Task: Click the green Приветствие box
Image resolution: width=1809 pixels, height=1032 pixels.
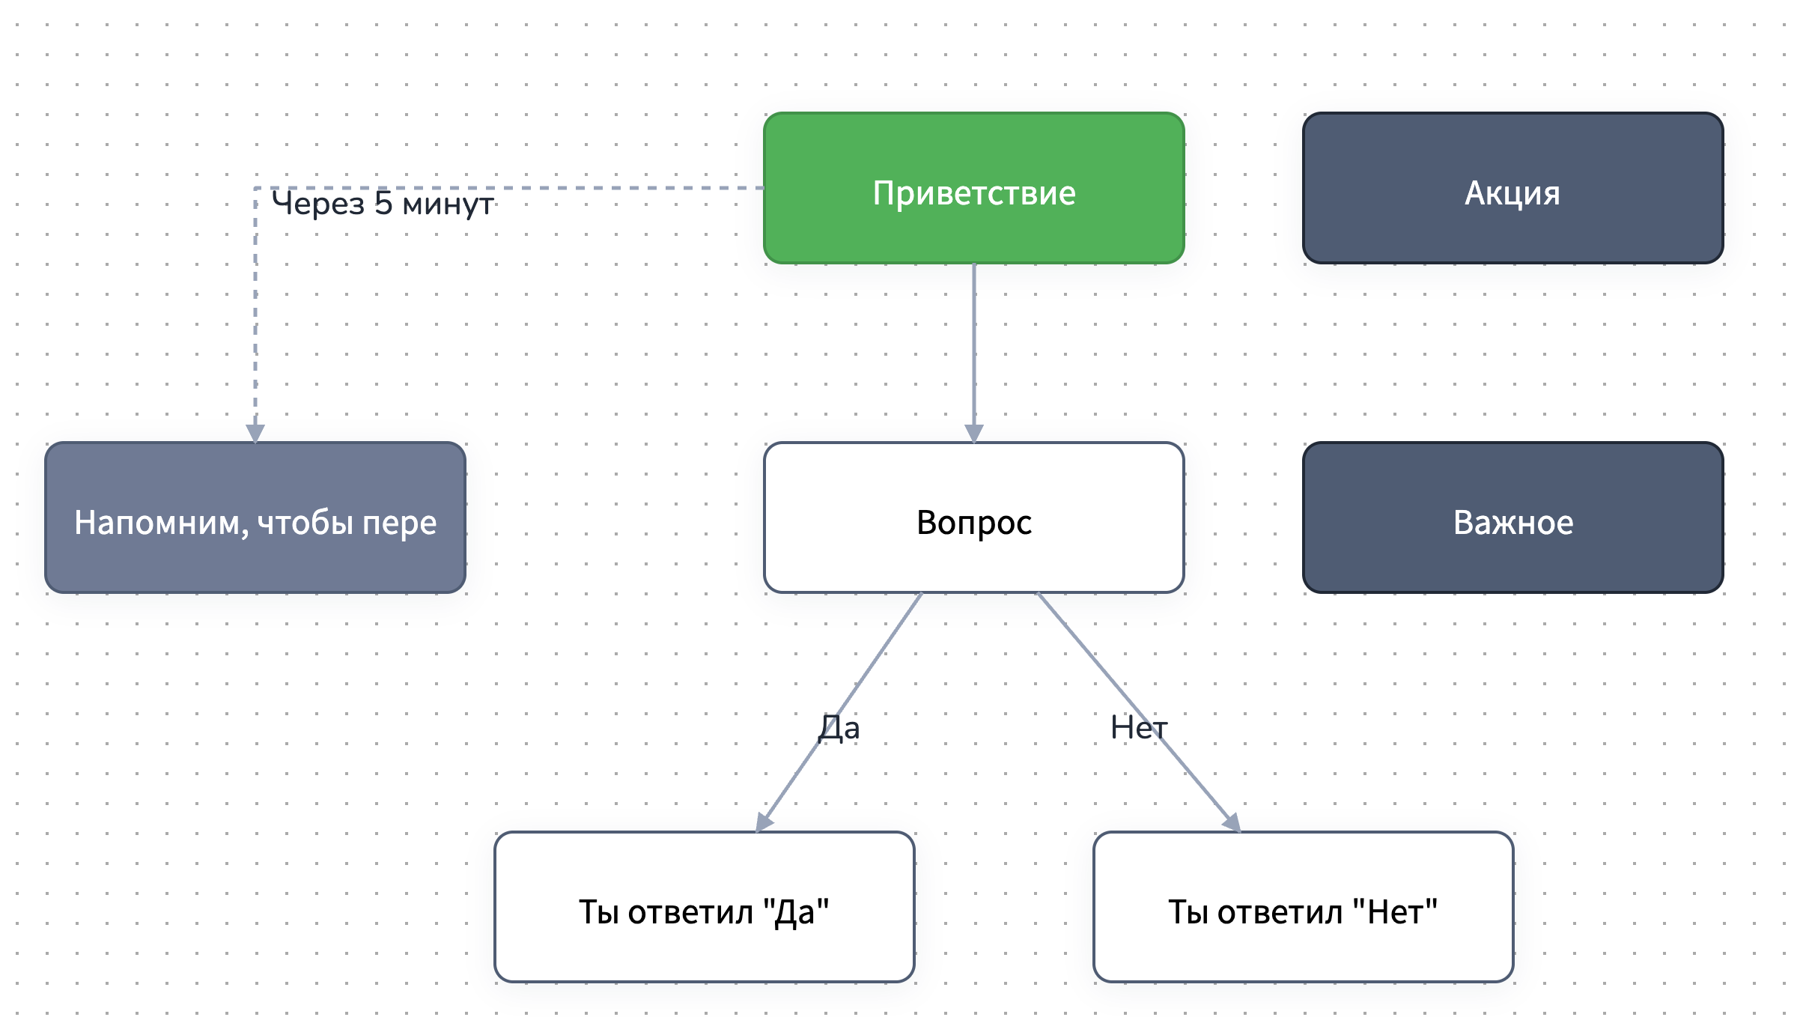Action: tap(973, 188)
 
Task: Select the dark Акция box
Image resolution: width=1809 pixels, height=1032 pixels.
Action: tap(1512, 188)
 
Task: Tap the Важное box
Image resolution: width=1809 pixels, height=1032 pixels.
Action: tap(1512, 517)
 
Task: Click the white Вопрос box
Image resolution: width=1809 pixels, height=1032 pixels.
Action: tap(973, 517)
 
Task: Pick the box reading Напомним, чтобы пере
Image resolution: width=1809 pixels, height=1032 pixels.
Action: tap(255, 517)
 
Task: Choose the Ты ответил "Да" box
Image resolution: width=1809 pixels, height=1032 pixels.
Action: tap(704, 907)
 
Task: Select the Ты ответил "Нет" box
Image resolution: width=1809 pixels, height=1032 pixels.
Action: tap(1303, 907)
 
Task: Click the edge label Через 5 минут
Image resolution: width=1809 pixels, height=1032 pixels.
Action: tap(382, 204)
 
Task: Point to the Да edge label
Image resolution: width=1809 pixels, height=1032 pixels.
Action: tap(839, 728)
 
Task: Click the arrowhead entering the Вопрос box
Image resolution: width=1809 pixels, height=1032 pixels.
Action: tap(973, 434)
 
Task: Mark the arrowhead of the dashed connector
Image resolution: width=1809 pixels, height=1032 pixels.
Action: tap(255, 434)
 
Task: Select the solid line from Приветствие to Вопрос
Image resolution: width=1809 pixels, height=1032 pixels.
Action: tap(973, 344)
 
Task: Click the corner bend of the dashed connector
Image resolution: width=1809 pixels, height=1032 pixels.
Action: tap(256, 188)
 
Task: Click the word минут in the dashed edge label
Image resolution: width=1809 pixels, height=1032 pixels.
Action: tap(448, 204)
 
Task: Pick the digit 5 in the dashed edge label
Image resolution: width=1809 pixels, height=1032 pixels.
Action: tap(383, 204)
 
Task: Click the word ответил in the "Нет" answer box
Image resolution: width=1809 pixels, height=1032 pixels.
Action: tap(1280, 912)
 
